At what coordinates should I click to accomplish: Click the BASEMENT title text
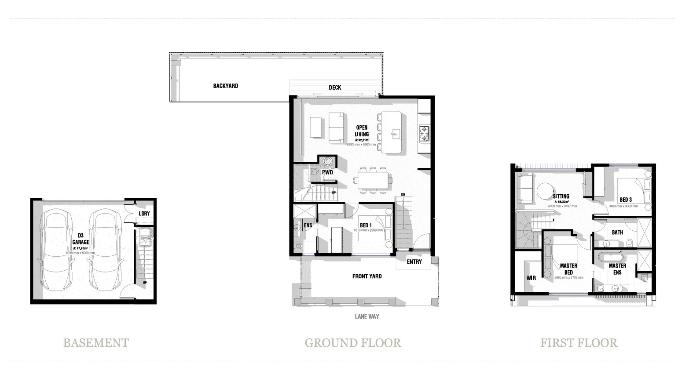coord(96,343)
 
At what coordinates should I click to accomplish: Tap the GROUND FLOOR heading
coord(353,343)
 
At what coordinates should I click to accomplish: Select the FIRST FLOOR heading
coord(579,343)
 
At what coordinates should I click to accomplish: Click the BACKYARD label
coord(225,86)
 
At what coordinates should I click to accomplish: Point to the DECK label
coord(335,87)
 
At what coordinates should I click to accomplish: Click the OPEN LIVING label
coord(362,131)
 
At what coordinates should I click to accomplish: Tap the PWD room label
coord(327,172)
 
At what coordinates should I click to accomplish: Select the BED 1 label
coord(365,225)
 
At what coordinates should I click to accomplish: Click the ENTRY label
coord(414,262)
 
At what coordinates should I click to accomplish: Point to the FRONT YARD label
coord(367,276)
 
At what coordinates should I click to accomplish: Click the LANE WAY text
coord(367,316)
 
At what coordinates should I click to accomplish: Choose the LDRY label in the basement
coord(144,214)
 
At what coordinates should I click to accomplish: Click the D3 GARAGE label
coord(81,239)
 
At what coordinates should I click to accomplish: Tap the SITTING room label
coord(561,196)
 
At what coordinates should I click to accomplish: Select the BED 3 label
coord(626,200)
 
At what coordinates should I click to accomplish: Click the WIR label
coord(531,278)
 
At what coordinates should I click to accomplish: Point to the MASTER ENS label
coord(617,269)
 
